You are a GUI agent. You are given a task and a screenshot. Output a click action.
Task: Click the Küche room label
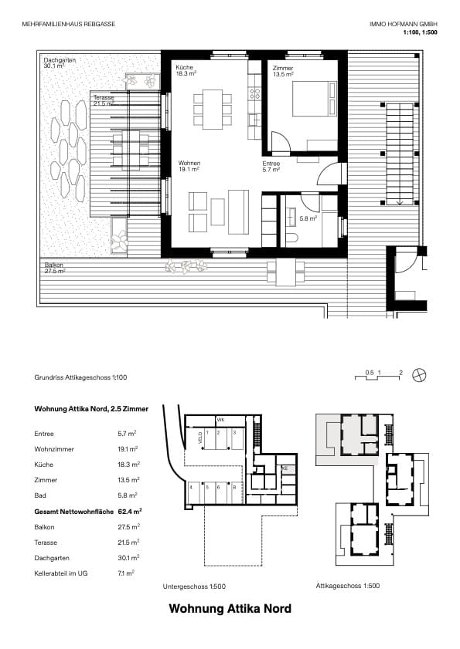(x=185, y=69)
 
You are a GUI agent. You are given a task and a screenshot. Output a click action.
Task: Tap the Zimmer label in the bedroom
(x=283, y=69)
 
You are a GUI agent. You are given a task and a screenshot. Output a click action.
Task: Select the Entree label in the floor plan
(x=271, y=164)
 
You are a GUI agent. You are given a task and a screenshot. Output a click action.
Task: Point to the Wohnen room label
(x=189, y=164)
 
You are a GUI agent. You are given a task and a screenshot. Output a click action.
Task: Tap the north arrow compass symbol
(x=419, y=375)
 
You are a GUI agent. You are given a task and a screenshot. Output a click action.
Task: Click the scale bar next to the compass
(x=379, y=377)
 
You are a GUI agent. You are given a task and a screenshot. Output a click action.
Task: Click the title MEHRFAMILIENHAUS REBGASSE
(x=70, y=25)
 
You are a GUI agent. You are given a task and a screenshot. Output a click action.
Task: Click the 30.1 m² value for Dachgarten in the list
(x=128, y=557)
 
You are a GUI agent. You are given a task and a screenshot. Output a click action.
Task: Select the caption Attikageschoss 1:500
(x=347, y=586)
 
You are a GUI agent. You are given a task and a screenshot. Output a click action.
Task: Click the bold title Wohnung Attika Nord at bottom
(x=230, y=609)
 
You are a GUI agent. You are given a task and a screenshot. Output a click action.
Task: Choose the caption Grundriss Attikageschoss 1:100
(x=80, y=378)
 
